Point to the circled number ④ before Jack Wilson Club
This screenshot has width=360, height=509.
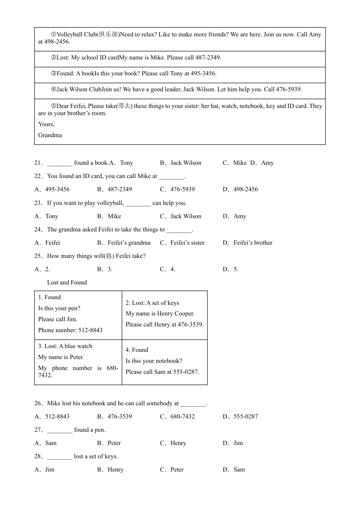[53, 89]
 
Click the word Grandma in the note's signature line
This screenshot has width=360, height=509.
[50, 135]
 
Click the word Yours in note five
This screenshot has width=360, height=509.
[46, 124]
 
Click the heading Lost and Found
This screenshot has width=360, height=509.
[67, 283]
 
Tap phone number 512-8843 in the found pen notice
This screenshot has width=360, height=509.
[90, 330]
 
